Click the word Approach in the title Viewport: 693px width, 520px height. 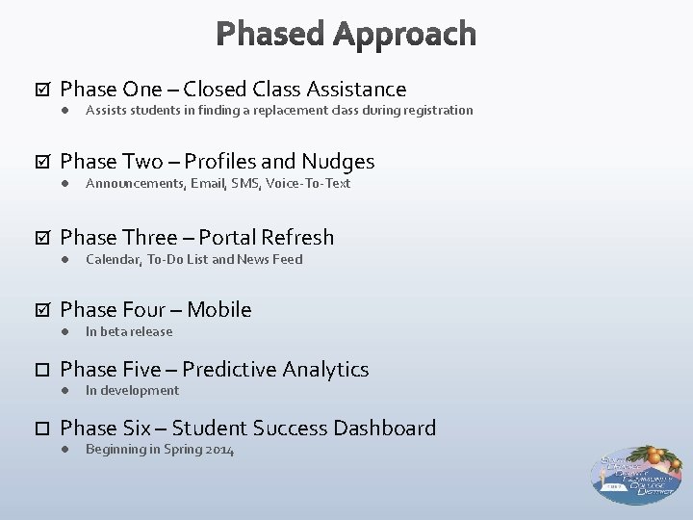click(x=404, y=36)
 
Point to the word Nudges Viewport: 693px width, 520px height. click(x=337, y=162)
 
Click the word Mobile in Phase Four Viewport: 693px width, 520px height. click(x=219, y=310)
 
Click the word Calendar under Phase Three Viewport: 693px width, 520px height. click(x=114, y=259)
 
